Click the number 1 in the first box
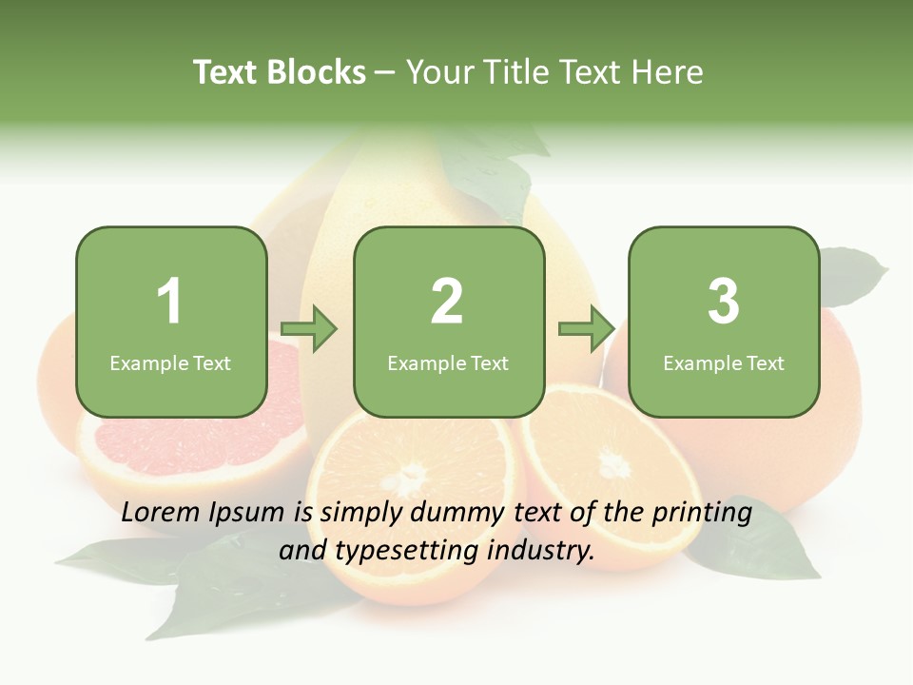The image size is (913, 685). click(169, 302)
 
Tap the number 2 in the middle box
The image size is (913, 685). click(447, 302)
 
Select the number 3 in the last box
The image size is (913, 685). click(724, 302)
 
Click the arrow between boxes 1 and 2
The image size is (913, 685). click(310, 329)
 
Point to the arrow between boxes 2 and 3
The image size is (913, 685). click(587, 329)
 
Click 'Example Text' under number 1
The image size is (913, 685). click(170, 363)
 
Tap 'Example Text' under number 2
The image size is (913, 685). click(448, 363)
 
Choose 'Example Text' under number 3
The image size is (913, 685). click(724, 363)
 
